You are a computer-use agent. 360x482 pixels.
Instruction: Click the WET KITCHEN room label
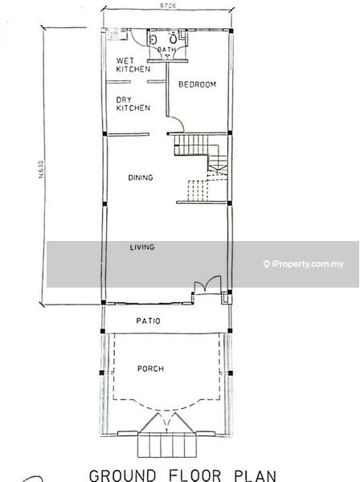pyautogui.click(x=133, y=65)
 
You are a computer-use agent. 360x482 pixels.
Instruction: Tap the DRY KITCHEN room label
pyautogui.click(x=133, y=104)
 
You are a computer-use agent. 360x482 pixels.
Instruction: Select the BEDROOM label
pyautogui.click(x=198, y=84)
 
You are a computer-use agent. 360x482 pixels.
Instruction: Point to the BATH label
pyautogui.click(x=166, y=50)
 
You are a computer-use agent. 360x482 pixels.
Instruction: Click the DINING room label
pyautogui.click(x=141, y=178)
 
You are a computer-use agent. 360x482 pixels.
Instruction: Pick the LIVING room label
pyautogui.click(x=142, y=247)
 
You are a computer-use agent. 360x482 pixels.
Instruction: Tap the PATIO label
pyautogui.click(x=148, y=321)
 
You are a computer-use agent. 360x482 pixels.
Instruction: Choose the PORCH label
pyautogui.click(x=150, y=369)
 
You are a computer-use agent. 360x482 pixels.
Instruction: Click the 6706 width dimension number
pyautogui.click(x=168, y=6)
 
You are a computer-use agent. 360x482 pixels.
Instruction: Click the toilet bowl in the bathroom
pyautogui.click(x=174, y=39)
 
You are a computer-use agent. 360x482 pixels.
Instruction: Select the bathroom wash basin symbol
pyautogui.click(x=153, y=39)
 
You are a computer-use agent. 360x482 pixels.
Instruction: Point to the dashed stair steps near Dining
pyautogui.click(x=196, y=190)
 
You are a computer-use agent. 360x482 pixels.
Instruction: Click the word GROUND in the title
pyautogui.click(x=122, y=475)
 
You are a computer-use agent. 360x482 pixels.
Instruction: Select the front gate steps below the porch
pyautogui.click(x=166, y=444)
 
